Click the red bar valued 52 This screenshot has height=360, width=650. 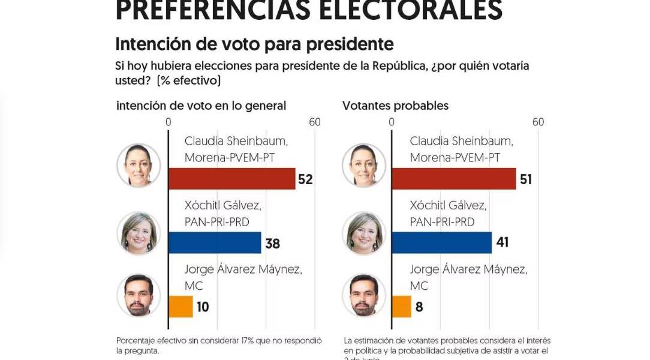tap(232, 179)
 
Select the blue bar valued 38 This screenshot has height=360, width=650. tap(215, 243)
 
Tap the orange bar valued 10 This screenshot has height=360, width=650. tap(180, 307)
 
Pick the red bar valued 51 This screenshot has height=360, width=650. tap(453, 179)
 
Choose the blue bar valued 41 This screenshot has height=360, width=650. tap(441, 243)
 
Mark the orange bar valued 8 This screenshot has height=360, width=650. tap(401, 307)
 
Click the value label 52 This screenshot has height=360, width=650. tap(306, 179)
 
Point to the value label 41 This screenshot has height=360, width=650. tap(501, 244)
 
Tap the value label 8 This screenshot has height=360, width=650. tap(419, 307)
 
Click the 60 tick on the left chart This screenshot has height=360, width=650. tap(315, 122)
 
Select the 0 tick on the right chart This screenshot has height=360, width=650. tap(392, 122)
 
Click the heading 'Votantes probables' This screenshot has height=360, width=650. tap(395, 106)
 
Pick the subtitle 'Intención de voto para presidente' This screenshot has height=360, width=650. tap(254, 44)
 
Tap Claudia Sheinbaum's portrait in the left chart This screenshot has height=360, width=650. tap(139, 165)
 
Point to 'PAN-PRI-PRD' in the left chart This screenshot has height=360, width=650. tap(216, 222)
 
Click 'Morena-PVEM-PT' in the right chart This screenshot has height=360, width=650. tap(455, 158)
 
